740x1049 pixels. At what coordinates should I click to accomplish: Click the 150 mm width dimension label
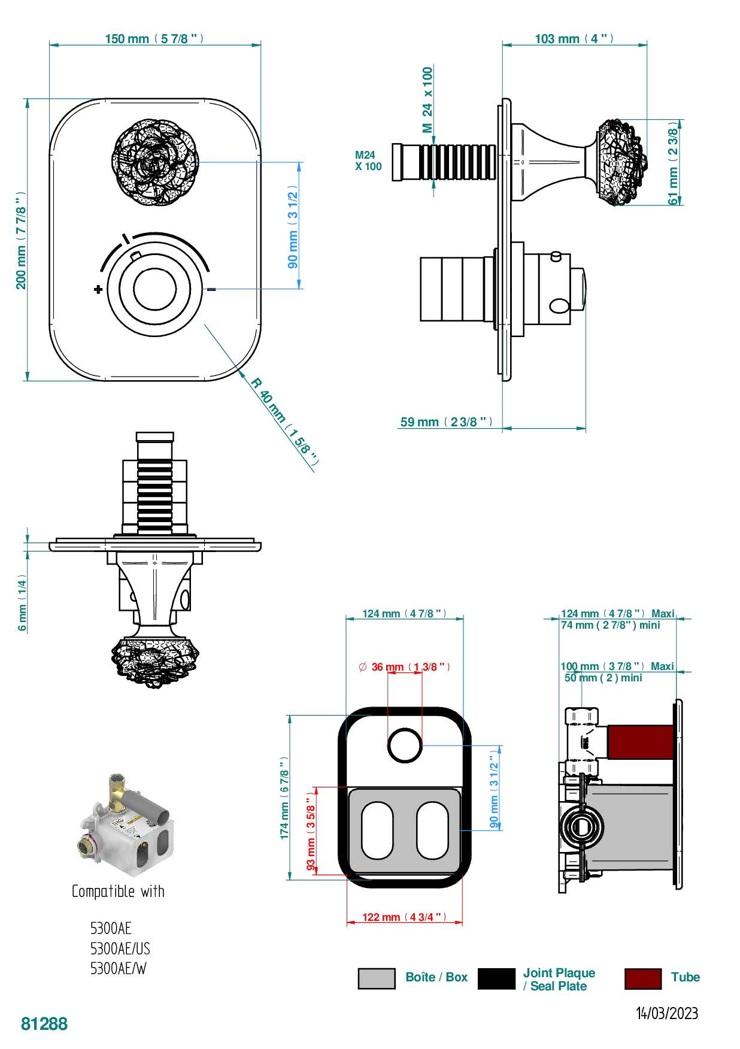[x=154, y=39]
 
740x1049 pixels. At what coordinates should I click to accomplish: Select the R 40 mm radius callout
[x=284, y=423]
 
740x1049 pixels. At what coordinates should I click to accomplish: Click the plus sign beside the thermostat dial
[x=98, y=290]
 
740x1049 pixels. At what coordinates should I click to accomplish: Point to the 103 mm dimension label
[x=574, y=39]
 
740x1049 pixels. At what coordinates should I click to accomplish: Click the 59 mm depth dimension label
[x=447, y=422]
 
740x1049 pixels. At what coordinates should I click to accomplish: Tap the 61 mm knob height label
[x=674, y=163]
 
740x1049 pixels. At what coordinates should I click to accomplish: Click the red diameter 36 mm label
[x=405, y=666]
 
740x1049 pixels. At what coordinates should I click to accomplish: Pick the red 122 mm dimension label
[x=405, y=917]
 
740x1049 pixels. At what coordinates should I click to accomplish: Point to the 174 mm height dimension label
[x=285, y=798]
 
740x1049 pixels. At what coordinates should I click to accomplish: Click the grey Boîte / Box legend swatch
[x=377, y=978]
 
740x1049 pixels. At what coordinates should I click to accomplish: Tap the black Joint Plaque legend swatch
[x=496, y=978]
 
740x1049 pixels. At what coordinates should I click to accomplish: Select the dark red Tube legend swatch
[x=643, y=978]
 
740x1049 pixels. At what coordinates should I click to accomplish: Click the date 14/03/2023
[x=666, y=1013]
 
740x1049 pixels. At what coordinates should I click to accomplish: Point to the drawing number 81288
[x=44, y=1024]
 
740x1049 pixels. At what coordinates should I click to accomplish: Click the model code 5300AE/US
[x=120, y=949]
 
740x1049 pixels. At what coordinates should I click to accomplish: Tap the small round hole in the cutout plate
[x=405, y=745]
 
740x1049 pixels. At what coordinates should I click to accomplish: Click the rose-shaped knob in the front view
[x=155, y=162]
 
